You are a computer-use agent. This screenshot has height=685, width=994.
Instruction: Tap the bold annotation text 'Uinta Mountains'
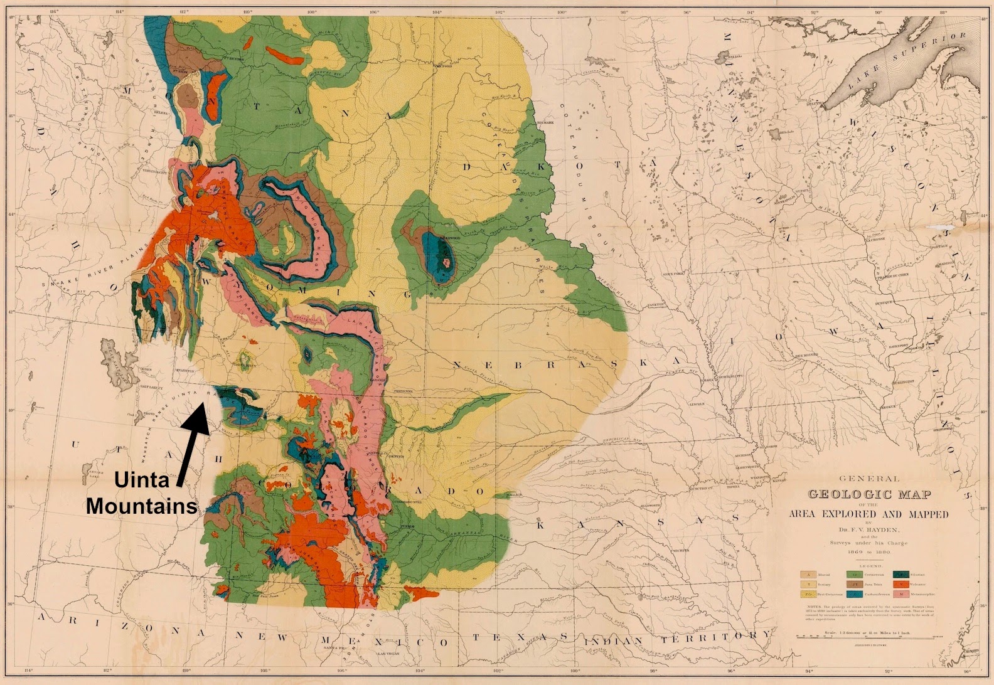coord(142,492)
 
